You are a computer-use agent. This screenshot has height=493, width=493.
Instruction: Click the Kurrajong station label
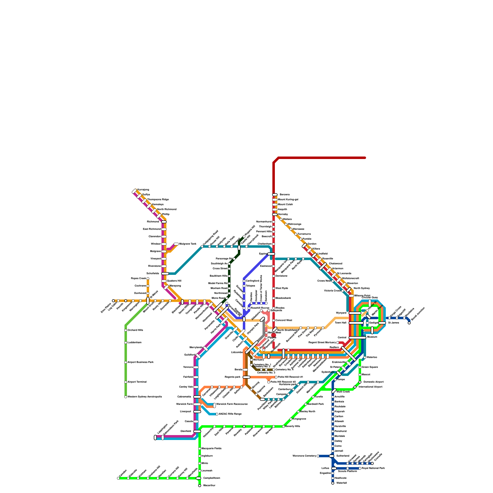(143, 190)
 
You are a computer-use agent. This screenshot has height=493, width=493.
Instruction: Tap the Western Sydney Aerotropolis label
(145, 397)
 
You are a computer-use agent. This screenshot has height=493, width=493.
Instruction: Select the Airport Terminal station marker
(126, 382)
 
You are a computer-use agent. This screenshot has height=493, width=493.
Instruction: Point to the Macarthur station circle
(200, 486)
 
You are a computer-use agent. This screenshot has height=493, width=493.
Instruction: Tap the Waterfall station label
(341, 483)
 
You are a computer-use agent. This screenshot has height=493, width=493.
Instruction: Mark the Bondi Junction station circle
(409, 323)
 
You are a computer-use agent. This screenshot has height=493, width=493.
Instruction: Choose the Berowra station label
(284, 195)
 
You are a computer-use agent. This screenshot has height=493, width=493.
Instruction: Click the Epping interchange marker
(271, 254)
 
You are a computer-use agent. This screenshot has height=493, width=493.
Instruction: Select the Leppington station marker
(155, 438)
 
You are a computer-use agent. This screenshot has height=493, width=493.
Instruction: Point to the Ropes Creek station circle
(148, 279)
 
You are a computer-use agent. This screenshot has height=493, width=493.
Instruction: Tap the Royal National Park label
(373, 468)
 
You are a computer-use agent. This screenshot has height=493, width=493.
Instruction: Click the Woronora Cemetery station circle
(318, 456)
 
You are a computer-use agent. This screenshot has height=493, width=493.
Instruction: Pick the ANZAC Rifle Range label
(230, 414)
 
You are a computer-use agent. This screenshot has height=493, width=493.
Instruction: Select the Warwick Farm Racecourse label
(232, 404)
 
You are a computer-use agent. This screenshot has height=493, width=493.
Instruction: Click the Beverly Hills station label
(293, 426)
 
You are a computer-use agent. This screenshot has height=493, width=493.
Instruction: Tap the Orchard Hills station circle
(126, 330)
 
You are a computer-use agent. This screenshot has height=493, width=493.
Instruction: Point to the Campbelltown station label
(211, 478)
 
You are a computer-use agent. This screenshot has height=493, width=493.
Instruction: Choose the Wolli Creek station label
(343, 392)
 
